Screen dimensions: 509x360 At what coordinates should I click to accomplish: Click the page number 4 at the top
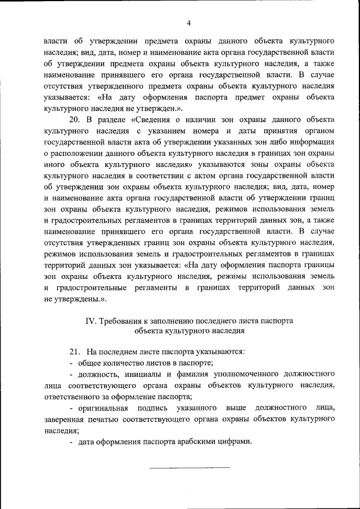pyautogui.click(x=189, y=22)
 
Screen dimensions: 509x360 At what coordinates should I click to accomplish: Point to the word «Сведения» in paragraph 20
pyautogui.click(x=153, y=120)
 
